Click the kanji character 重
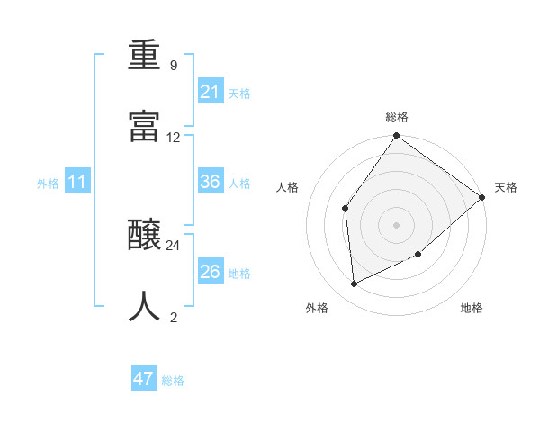(145, 56)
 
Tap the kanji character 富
(145, 127)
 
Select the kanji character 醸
(145, 236)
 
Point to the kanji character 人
(145, 307)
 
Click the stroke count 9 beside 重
(173, 66)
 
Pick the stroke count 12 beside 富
(174, 138)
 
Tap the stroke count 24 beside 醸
(174, 246)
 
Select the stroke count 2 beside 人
(174, 317)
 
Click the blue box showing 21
(211, 92)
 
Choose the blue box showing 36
(211, 182)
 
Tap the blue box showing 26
(211, 272)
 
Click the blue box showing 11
(77, 183)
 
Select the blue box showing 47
(144, 379)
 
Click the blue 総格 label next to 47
(173, 381)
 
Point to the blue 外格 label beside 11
(48, 184)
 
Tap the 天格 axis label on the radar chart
(506, 187)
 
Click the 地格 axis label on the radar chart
(472, 308)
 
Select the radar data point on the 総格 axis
(396, 136)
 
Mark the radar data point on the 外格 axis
(355, 284)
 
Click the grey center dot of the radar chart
(396, 224)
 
